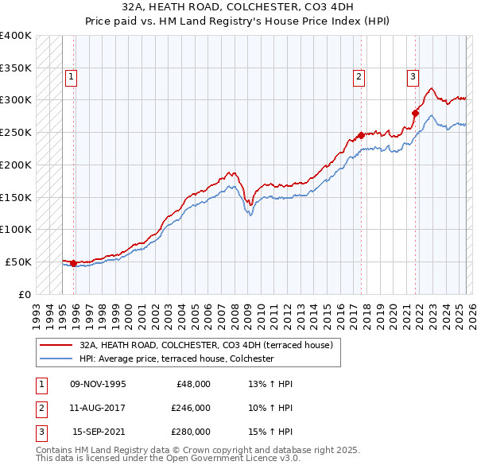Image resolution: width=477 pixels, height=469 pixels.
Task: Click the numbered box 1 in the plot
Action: (x=71, y=77)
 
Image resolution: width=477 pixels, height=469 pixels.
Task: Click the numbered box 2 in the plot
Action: (x=359, y=77)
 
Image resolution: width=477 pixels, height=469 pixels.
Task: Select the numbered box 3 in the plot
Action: (x=413, y=77)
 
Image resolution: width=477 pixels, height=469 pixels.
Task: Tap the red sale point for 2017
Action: (x=361, y=135)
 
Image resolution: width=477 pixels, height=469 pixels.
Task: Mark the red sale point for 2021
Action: (x=415, y=113)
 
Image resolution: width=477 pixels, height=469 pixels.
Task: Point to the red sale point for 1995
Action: (x=73, y=263)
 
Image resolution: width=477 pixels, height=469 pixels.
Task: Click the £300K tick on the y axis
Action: (x=16, y=100)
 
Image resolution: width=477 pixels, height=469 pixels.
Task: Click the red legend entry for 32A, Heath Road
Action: (x=211, y=345)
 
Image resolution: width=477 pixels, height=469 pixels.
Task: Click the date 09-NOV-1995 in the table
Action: (x=98, y=384)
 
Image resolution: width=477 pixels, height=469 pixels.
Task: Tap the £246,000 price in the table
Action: (x=190, y=408)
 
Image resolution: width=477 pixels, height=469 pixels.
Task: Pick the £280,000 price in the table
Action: (x=190, y=432)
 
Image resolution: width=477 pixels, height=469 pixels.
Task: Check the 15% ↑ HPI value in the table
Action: (x=270, y=432)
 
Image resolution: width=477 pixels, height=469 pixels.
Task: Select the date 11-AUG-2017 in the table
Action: (x=98, y=408)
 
